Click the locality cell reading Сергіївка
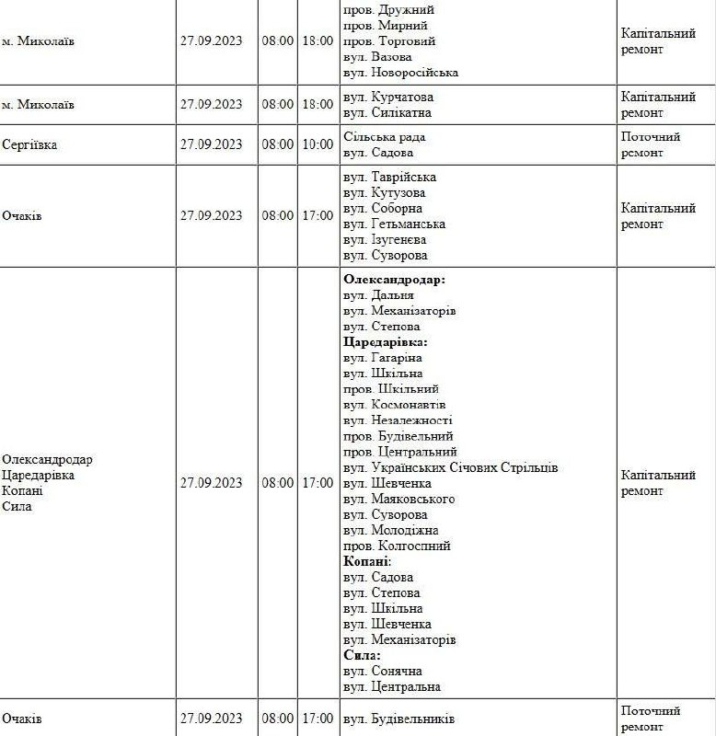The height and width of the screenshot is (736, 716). [x=29, y=144]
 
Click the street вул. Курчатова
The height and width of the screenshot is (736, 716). [x=387, y=97]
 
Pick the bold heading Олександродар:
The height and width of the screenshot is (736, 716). [x=394, y=279]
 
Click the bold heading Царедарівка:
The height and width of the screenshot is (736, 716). [x=386, y=341]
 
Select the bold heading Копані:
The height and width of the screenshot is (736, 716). [x=367, y=560]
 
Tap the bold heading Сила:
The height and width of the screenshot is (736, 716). [x=362, y=654]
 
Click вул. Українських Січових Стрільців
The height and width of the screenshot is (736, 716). [x=450, y=467]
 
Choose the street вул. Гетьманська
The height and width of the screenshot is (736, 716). [x=394, y=224]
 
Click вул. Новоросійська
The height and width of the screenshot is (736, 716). [x=400, y=72]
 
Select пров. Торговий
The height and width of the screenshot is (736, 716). [x=389, y=40]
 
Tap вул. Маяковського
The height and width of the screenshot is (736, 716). [x=398, y=499]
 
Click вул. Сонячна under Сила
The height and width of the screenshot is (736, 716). [x=383, y=671]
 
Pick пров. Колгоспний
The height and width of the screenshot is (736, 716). [x=396, y=546]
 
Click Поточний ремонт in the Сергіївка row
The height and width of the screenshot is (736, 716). [x=651, y=144]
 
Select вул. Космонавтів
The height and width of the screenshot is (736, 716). [x=394, y=404]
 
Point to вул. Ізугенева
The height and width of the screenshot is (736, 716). [x=386, y=239]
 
